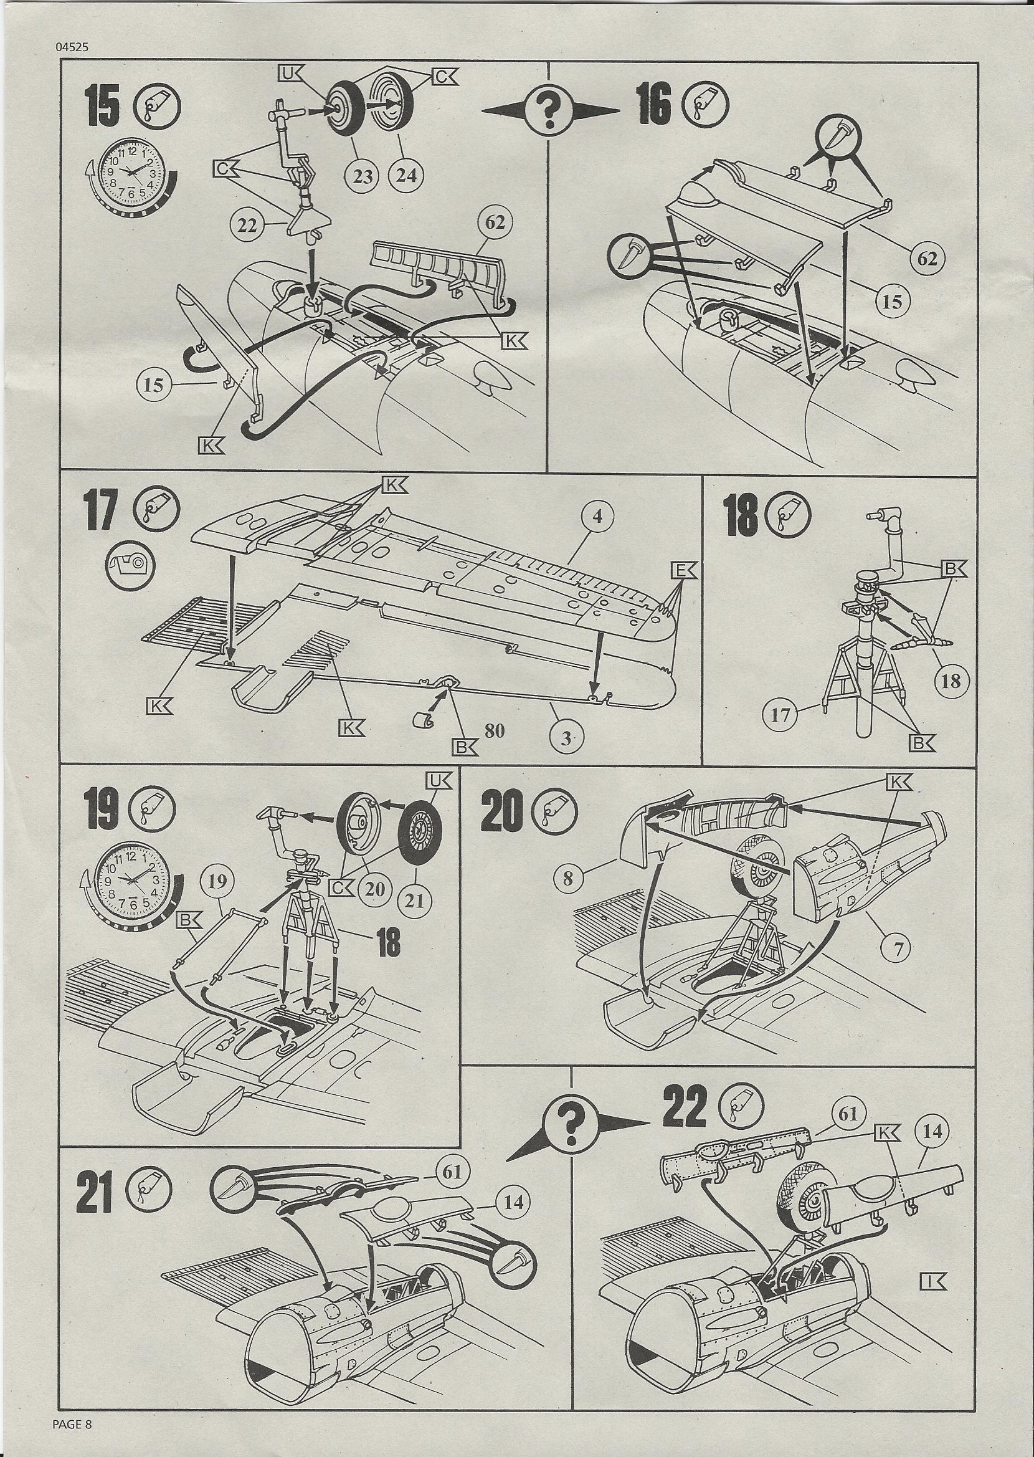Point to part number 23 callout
click(363, 176)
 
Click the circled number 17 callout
click(780, 716)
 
